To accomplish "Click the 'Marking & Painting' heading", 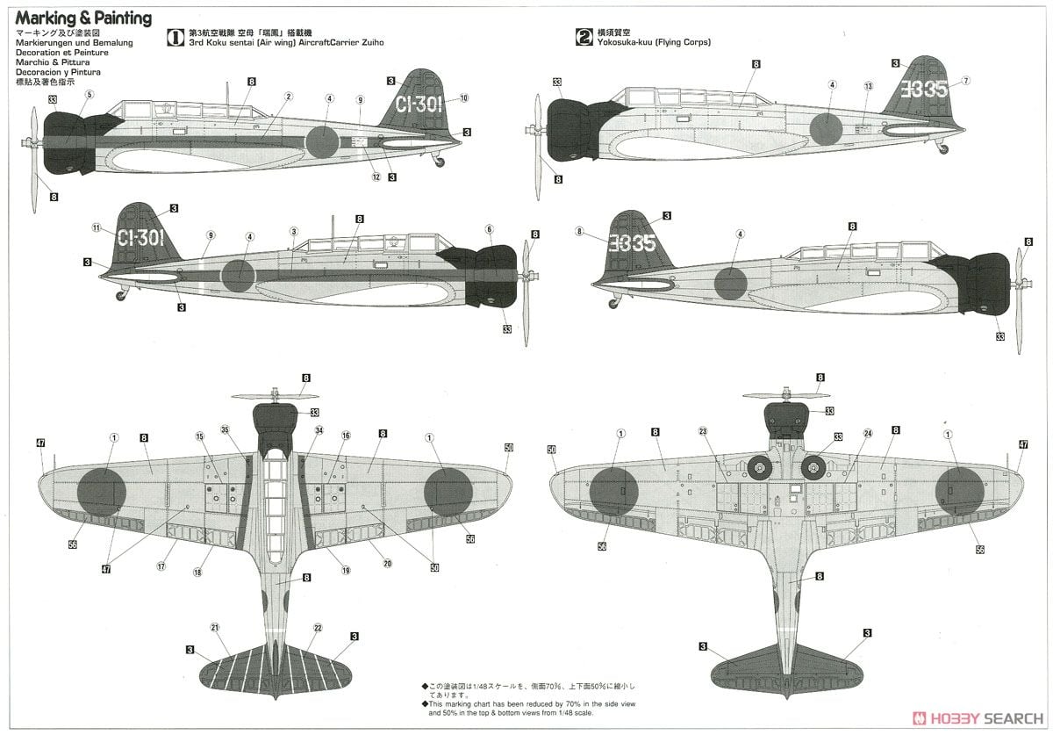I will (82, 18).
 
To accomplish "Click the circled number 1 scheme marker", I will (175, 37).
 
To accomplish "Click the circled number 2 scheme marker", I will (584, 37).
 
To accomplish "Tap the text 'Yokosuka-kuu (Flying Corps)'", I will (654, 42).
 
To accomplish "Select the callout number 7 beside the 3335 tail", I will (965, 81).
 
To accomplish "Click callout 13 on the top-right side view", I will (868, 86).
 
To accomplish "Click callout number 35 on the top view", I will (225, 429).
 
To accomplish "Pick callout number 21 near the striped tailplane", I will (214, 627).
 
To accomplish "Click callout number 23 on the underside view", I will (702, 431).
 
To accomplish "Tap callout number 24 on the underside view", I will (868, 433).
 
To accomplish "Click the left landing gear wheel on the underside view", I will (761, 470).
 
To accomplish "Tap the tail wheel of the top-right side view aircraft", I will (943, 149).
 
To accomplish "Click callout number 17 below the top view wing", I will (161, 566).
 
